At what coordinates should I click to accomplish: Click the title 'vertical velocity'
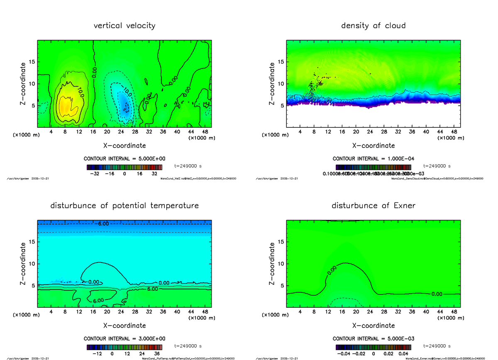124,26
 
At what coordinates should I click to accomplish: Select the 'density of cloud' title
373,26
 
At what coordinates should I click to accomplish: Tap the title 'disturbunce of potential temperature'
124,206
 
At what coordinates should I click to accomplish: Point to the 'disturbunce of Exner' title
373,206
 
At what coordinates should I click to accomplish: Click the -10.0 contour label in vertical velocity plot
127,91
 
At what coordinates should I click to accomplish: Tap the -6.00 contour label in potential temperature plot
102,224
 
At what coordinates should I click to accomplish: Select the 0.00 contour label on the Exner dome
332,270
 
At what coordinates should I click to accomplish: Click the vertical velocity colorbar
124,167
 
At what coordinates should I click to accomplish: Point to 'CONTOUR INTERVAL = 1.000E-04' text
373,159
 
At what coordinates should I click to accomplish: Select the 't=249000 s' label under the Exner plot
437,346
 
